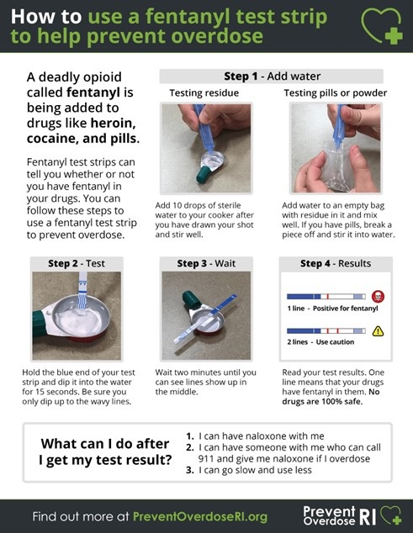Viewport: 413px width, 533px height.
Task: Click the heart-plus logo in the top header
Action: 382,26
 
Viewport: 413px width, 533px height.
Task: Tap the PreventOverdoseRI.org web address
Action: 200,517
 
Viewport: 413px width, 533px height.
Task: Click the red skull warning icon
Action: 378,297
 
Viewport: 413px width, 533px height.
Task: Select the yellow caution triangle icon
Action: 378,330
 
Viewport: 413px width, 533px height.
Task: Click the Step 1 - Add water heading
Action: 272,77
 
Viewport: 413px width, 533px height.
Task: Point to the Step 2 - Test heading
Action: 77,263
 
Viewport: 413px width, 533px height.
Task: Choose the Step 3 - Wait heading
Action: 206,263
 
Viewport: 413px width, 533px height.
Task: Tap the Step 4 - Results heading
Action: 336,263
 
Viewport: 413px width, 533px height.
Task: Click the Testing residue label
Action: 204,92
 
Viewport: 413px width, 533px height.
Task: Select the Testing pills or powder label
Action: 336,92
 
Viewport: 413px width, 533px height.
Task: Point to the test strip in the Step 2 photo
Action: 82,291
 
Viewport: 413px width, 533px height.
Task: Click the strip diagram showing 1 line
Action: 326,297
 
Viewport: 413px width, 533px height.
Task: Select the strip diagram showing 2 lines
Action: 326,330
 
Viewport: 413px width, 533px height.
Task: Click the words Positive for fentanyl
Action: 346,309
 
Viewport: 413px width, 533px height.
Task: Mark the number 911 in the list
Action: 206,459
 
